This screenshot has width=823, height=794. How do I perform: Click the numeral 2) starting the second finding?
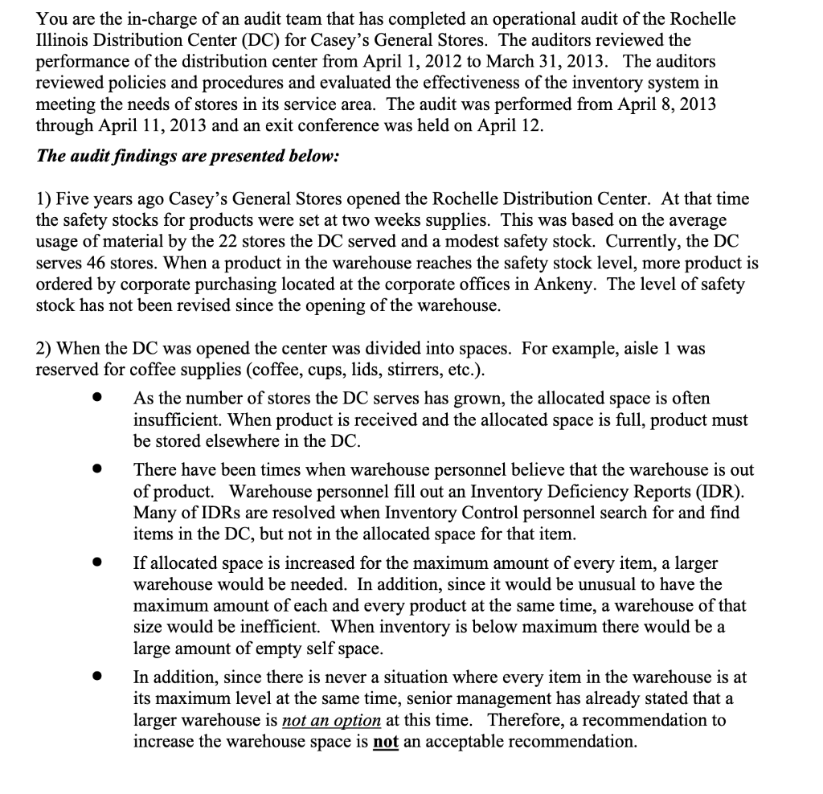(45, 348)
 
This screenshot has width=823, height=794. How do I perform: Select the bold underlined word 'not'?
(387, 742)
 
